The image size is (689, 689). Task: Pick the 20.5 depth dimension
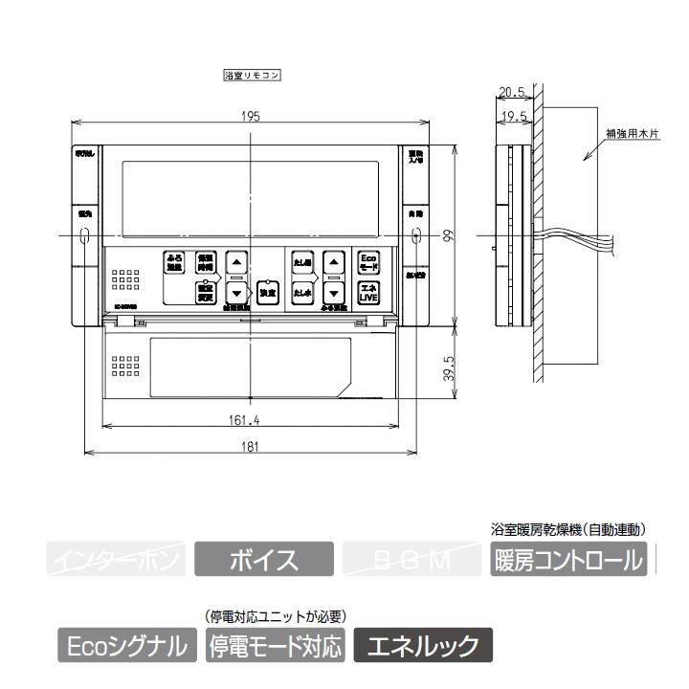(513, 93)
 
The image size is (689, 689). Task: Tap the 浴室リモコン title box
(251, 74)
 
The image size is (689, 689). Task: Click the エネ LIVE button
(368, 292)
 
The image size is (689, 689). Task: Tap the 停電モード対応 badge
(275, 646)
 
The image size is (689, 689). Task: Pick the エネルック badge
(423, 646)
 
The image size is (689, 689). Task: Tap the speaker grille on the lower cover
(124, 367)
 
